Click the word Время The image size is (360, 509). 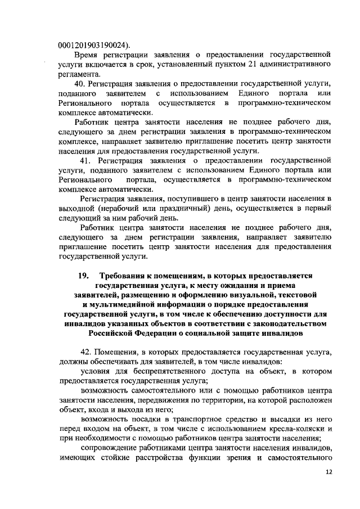87,55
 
